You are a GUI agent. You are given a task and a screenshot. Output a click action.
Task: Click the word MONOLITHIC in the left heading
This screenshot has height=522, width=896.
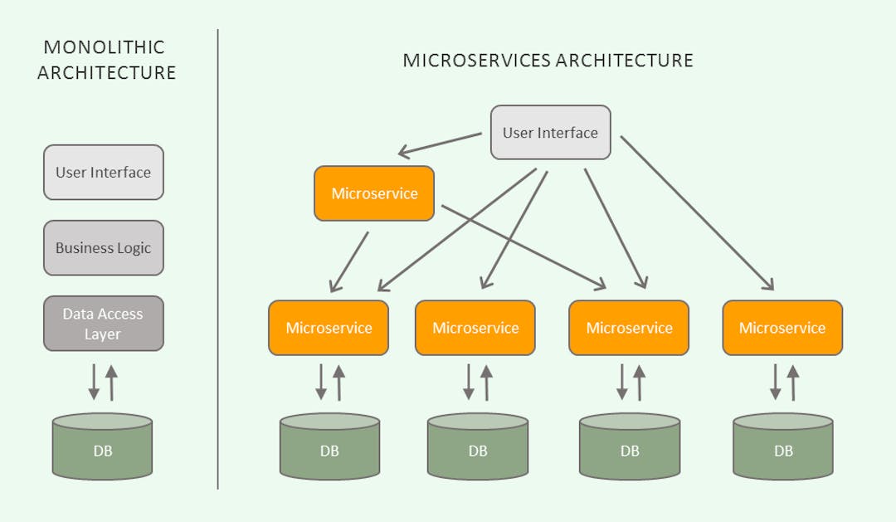click(x=104, y=47)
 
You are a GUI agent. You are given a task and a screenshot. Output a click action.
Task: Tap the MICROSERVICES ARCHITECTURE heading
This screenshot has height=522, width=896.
click(x=548, y=61)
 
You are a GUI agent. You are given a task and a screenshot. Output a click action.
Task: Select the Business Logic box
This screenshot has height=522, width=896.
click(x=104, y=247)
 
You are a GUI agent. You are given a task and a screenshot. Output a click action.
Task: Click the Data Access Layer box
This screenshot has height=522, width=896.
click(x=104, y=324)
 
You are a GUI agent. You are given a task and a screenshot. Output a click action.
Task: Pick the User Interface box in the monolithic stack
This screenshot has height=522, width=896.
click(x=104, y=173)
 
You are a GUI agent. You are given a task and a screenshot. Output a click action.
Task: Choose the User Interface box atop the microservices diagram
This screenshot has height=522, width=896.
click(x=550, y=133)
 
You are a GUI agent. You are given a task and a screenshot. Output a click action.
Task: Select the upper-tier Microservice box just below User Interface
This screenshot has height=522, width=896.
click(x=374, y=193)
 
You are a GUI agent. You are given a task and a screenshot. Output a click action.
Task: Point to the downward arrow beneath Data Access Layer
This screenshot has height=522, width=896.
click(x=94, y=382)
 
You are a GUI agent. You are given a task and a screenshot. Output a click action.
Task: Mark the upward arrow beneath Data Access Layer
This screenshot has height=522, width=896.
click(x=112, y=382)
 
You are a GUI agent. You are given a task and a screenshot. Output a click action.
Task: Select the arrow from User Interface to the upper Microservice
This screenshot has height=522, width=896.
click(x=440, y=144)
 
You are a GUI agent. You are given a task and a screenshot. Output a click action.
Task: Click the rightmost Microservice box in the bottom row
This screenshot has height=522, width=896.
click(x=782, y=328)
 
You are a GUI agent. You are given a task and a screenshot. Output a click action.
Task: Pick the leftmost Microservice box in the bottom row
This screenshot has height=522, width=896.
click(x=329, y=328)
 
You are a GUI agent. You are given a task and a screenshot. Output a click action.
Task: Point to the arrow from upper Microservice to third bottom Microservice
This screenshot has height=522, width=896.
click(x=523, y=246)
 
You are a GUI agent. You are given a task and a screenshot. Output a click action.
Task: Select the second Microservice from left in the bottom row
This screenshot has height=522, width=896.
click(x=475, y=328)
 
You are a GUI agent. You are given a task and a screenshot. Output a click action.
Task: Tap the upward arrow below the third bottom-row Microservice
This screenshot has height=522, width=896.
click(x=640, y=382)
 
